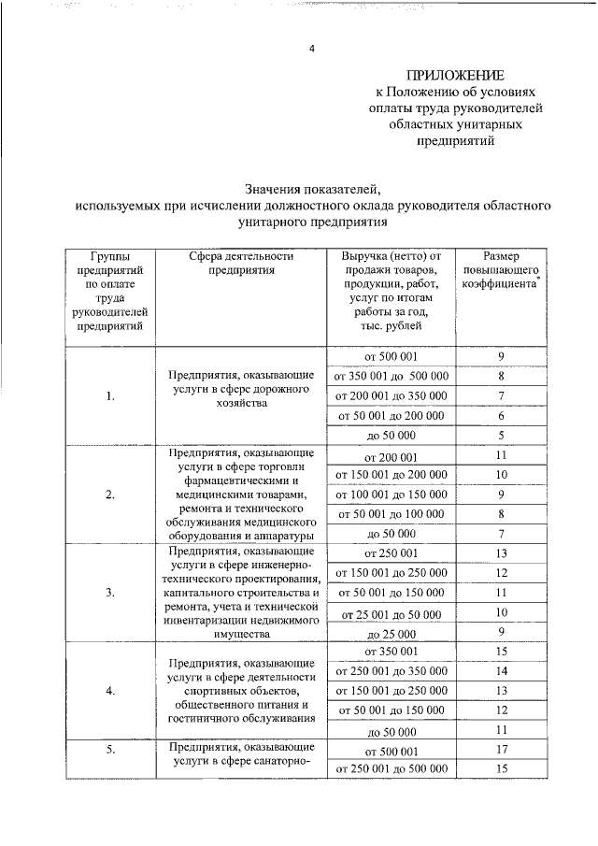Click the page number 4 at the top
[x=313, y=50]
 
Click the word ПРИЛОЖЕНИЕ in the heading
[x=455, y=75]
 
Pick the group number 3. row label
[x=110, y=593]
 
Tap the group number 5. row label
[x=110, y=750]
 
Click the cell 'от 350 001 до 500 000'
[x=391, y=377]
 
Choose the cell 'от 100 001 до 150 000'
[x=391, y=495]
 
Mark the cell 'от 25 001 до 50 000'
[x=391, y=613]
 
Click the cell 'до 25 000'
[x=391, y=633]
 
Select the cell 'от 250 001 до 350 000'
[x=391, y=671]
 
